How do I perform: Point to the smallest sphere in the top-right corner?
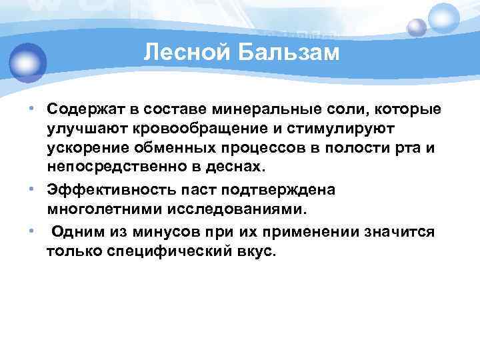(417, 27)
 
